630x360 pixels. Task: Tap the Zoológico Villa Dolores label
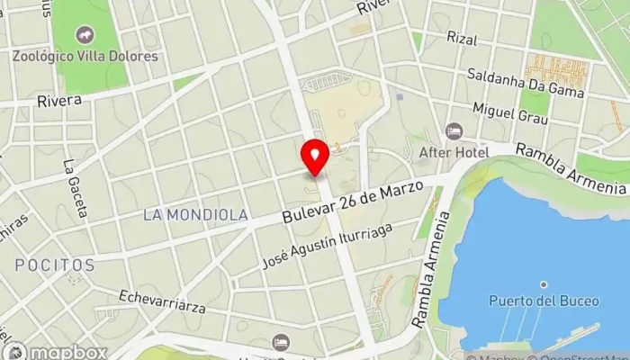(x=85, y=56)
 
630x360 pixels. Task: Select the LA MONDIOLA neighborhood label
(x=195, y=215)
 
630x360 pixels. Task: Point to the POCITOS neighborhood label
(x=54, y=265)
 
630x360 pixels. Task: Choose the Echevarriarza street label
(x=162, y=301)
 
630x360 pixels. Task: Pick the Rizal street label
(x=462, y=39)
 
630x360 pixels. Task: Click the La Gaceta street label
(x=76, y=189)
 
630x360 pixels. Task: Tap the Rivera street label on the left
(x=59, y=101)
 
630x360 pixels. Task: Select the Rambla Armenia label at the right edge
(x=571, y=170)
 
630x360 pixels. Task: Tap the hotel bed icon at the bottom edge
(x=281, y=343)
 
